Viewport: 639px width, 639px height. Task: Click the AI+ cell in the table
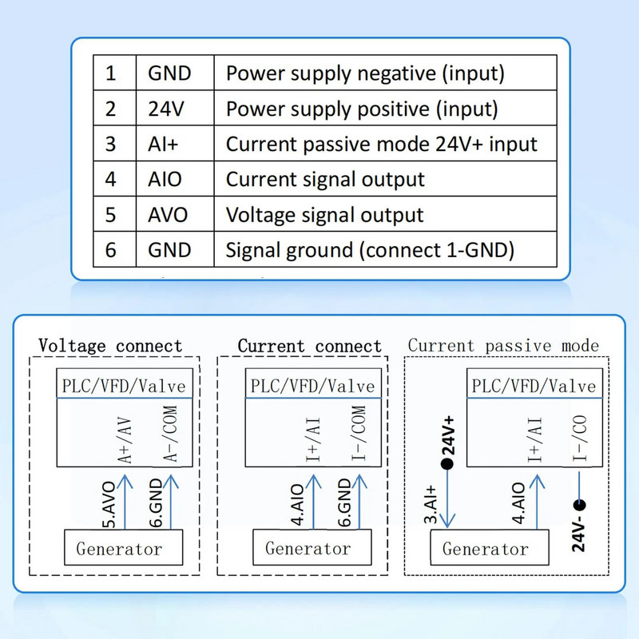pyautogui.click(x=165, y=145)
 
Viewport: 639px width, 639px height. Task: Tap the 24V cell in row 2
pyautogui.click(x=164, y=109)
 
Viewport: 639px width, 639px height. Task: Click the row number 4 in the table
pyautogui.click(x=111, y=180)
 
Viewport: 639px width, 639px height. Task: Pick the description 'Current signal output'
pyautogui.click(x=325, y=180)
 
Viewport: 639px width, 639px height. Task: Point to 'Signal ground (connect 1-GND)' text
pyautogui.click(x=370, y=250)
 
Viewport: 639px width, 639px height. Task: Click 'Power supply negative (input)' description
pyautogui.click(x=365, y=73)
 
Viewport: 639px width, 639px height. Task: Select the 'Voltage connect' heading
pyautogui.click(x=110, y=346)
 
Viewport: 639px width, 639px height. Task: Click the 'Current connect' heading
pyautogui.click(x=310, y=346)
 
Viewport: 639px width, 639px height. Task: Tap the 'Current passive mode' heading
pyautogui.click(x=503, y=346)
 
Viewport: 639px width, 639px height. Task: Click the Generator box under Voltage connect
pyautogui.click(x=119, y=549)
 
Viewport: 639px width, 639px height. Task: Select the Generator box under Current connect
pyautogui.click(x=308, y=549)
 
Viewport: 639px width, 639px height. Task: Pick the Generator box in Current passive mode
pyautogui.click(x=485, y=549)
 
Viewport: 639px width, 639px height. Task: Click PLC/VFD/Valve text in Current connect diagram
pyautogui.click(x=312, y=386)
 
